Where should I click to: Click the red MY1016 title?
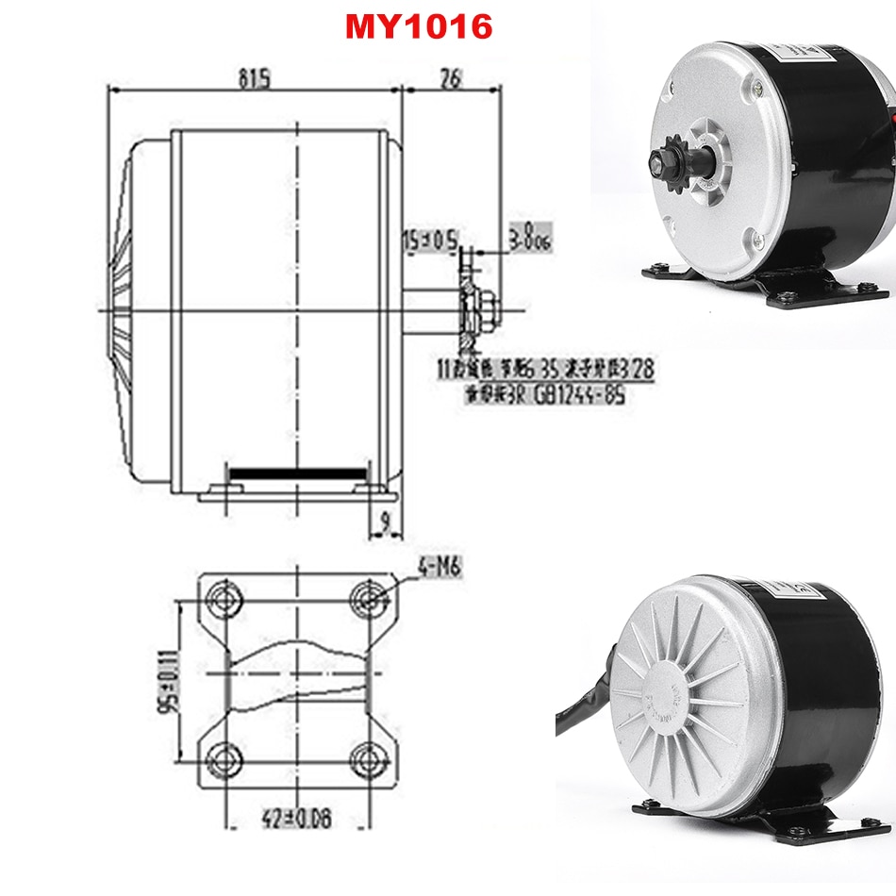pos(418,27)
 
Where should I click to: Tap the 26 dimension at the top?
pos(450,80)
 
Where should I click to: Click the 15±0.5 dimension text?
pos(429,241)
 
